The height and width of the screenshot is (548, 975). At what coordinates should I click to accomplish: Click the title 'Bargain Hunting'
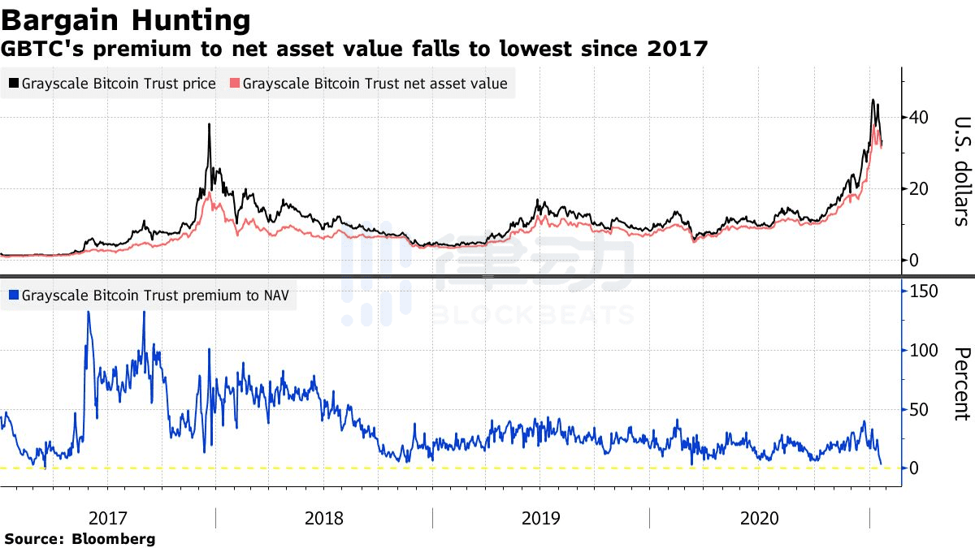(x=126, y=20)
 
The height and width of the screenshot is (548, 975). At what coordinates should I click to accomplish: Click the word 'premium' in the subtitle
(x=142, y=50)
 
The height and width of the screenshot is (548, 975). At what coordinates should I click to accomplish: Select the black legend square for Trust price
(x=14, y=83)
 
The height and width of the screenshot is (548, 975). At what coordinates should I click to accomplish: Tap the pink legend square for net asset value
(x=235, y=83)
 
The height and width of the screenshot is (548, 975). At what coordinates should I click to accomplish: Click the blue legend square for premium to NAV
(x=14, y=296)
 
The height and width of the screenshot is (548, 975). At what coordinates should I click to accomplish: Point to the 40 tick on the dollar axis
(x=918, y=117)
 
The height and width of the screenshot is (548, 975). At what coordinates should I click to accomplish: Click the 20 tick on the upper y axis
(x=918, y=188)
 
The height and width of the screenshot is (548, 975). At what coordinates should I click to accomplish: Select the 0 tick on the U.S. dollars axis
(x=914, y=260)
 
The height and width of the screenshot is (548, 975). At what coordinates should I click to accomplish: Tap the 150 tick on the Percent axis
(x=924, y=291)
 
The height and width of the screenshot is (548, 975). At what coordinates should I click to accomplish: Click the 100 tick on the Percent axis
(x=924, y=350)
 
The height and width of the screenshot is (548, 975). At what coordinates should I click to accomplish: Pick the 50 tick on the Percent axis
(x=919, y=409)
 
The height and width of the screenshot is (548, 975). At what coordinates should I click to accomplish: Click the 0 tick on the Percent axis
(x=914, y=468)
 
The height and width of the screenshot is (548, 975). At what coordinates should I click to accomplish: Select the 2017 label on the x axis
(x=107, y=518)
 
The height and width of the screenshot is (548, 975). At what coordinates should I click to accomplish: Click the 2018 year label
(x=324, y=518)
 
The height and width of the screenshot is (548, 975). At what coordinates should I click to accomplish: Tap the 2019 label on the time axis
(x=540, y=518)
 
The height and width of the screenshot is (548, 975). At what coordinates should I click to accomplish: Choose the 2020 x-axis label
(x=759, y=518)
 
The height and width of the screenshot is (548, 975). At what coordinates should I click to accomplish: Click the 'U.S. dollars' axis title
(x=962, y=171)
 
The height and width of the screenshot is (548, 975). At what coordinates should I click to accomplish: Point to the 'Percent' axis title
(x=962, y=384)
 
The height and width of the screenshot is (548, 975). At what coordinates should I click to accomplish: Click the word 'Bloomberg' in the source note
(x=114, y=538)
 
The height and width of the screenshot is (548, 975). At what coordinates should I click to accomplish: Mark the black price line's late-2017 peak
(x=209, y=124)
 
